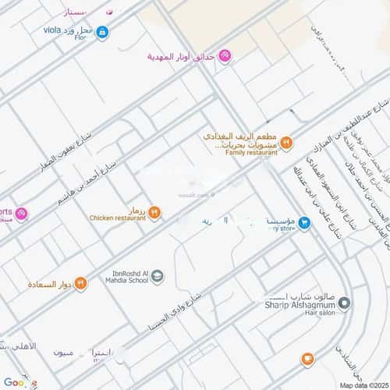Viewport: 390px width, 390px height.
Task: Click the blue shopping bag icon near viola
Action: click(x=102, y=33)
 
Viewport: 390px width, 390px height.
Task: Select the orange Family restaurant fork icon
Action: click(x=286, y=142)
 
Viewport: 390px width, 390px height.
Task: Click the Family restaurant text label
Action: click(x=240, y=153)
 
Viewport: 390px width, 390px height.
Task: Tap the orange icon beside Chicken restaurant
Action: click(x=154, y=211)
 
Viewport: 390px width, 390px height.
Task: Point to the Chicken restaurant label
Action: click(x=117, y=218)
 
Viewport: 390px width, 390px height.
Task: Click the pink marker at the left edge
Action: click(x=21, y=214)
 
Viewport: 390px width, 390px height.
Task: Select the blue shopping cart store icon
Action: click(x=305, y=223)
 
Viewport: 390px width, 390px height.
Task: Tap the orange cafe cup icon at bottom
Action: click(x=308, y=359)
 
